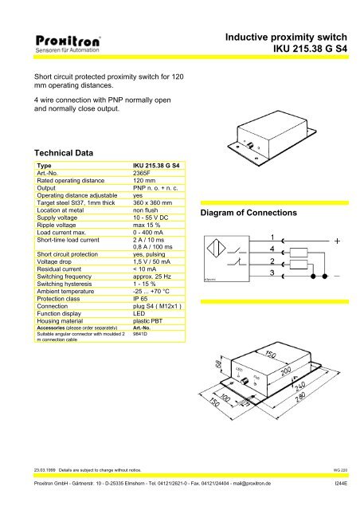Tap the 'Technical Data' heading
pyautogui.click(x=60, y=152)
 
